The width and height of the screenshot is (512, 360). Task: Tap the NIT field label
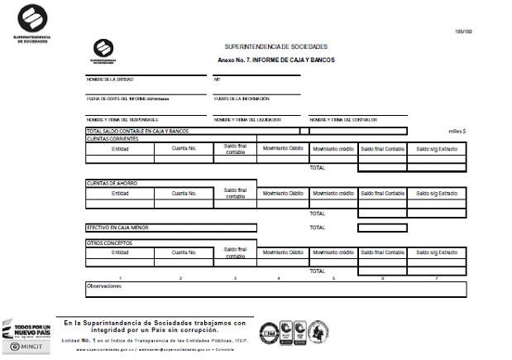tap(218, 79)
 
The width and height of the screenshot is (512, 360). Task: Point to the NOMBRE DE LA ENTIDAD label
tap(110, 79)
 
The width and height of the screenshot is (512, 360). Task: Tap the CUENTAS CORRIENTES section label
tap(112, 138)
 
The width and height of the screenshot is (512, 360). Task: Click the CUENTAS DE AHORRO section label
tap(112, 182)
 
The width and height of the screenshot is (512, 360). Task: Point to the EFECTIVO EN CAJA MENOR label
tap(117, 227)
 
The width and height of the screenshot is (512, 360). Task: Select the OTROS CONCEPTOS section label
tap(109, 242)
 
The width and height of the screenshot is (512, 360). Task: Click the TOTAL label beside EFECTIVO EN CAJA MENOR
tap(318, 227)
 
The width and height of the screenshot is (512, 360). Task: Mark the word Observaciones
tap(104, 286)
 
